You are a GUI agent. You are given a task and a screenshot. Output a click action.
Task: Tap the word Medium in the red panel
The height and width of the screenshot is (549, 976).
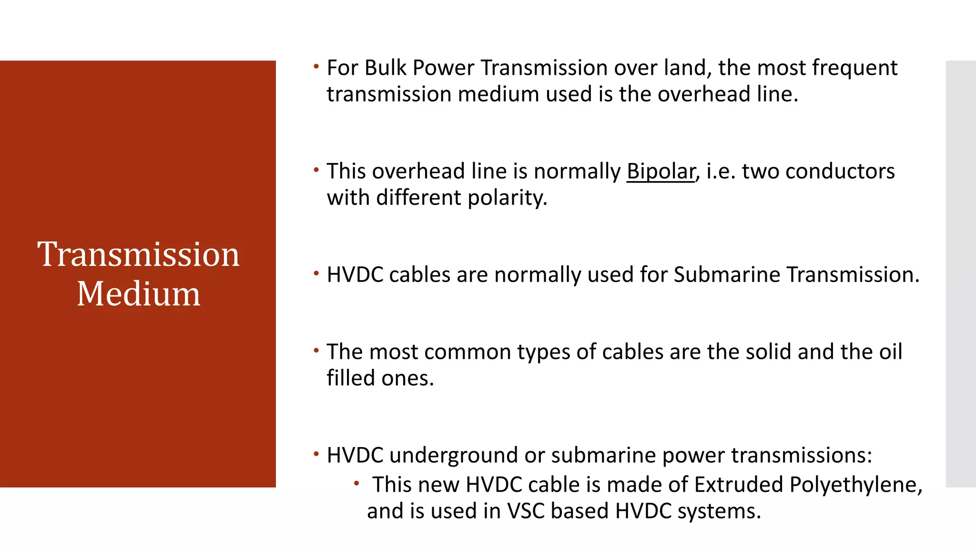(x=138, y=294)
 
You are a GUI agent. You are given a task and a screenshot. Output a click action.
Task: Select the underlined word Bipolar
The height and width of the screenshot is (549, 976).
(x=661, y=172)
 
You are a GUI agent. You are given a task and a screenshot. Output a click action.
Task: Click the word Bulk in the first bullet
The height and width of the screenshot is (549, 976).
(x=386, y=68)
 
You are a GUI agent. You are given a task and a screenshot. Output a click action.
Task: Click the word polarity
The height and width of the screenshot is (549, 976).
(x=507, y=198)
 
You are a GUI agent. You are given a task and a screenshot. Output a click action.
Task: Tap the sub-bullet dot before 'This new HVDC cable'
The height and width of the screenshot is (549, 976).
(x=356, y=484)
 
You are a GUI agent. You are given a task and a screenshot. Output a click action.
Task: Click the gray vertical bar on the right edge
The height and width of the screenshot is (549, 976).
(x=960, y=274)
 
